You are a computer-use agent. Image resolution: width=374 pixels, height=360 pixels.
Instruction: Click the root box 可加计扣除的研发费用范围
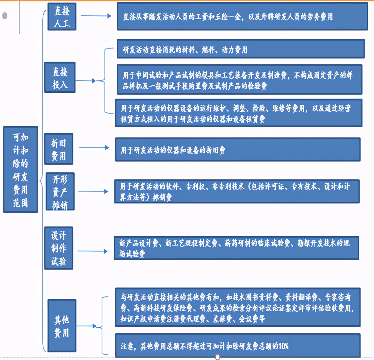click(20, 169)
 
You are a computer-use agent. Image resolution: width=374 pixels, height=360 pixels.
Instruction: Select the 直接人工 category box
click(62, 17)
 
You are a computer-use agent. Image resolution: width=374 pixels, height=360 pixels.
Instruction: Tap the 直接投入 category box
click(60, 78)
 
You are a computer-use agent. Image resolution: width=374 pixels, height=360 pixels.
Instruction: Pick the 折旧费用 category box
click(59, 149)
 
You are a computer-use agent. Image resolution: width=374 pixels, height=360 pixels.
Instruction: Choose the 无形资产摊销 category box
click(60, 192)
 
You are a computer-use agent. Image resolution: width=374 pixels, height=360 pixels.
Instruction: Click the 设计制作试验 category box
click(59, 248)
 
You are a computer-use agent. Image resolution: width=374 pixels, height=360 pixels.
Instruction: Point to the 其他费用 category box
click(62, 325)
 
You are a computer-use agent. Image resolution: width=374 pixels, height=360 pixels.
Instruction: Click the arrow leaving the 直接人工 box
click(96, 16)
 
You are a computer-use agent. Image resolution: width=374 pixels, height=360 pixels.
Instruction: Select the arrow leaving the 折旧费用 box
click(94, 148)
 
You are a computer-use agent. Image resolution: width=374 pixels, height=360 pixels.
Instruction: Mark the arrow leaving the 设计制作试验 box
click(92, 251)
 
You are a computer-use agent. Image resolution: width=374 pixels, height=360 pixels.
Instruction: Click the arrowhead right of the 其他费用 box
click(94, 326)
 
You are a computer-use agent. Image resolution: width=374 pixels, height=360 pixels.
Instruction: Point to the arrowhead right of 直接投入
click(94, 81)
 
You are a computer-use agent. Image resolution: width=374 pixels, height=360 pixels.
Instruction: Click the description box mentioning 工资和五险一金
click(242, 17)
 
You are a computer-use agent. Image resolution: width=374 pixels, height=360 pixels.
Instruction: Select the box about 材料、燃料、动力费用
click(241, 49)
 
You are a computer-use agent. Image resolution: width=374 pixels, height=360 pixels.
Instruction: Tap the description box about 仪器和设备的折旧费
click(238, 150)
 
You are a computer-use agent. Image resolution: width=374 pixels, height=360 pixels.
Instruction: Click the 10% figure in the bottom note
click(283, 346)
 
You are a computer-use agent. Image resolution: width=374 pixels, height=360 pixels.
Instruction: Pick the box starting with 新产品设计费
click(236, 248)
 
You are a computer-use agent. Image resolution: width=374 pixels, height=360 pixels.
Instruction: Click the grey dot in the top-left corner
click(5, 16)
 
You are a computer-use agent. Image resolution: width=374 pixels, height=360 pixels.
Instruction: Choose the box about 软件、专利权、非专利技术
click(236, 191)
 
